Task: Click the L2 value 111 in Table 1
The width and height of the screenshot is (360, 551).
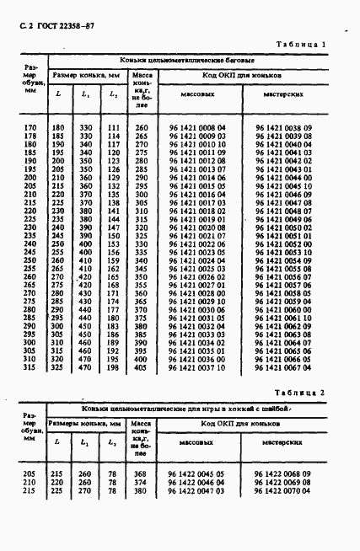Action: coord(114,126)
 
